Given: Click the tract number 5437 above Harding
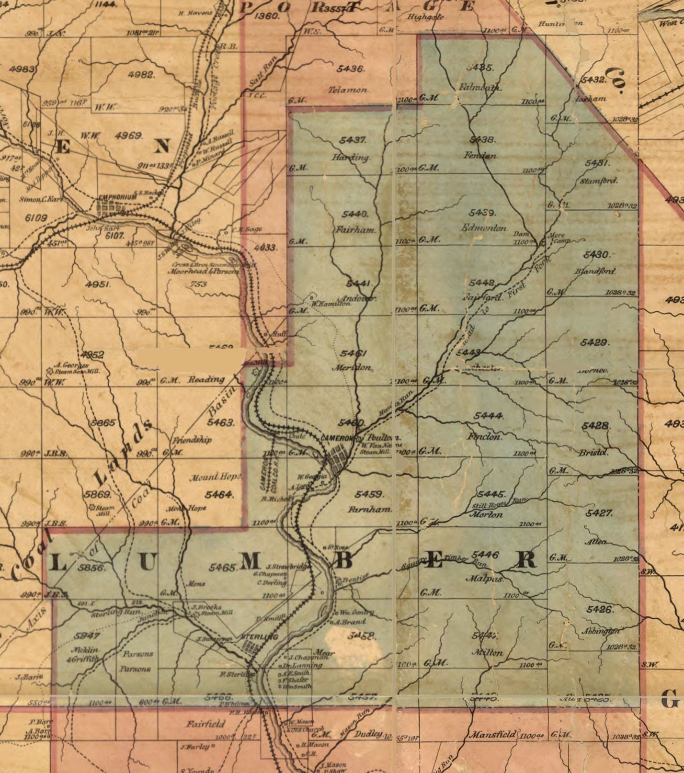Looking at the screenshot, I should tap(353, 140).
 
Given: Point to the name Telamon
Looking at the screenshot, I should tap(348, 90).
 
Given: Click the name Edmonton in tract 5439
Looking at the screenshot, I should tap(483, 228).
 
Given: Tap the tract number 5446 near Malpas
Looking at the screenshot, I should tap(485, 555).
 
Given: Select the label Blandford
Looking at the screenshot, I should tap(595, 271).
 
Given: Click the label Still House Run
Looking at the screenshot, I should tap(498, 503).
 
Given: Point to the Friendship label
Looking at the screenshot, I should tap(192, 440).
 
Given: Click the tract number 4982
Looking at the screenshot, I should tap(142, 75).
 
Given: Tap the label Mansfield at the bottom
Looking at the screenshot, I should tap(492, 734).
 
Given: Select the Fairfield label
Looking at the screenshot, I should tap(206, 723).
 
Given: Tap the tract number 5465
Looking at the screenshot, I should tap(223, 568).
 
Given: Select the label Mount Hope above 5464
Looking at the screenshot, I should tap(215, 477).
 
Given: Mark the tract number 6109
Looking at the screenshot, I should tap(36, 218).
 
